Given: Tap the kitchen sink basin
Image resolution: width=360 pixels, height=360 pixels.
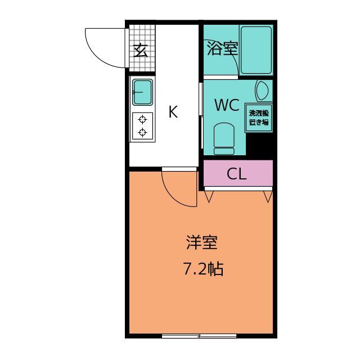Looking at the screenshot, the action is click(142, 92).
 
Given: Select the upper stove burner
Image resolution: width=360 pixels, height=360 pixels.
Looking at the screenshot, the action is click(142, 120).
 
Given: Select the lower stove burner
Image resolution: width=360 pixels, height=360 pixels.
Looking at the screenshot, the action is click(142, 133).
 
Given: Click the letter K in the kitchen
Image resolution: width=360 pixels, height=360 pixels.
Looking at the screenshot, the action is click(173, 111).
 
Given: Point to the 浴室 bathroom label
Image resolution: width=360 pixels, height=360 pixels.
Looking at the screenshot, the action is click(222, 48).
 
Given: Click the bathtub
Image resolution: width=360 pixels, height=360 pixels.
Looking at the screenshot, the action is click(256, 50).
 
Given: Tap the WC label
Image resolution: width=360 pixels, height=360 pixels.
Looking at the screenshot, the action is click(227, 105).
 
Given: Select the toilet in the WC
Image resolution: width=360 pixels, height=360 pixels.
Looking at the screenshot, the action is click(224, 139).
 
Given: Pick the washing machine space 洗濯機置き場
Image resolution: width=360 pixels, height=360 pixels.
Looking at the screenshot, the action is click(259, 118).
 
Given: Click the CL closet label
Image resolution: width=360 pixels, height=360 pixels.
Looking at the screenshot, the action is click(236, 174).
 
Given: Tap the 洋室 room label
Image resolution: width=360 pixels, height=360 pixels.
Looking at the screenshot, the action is click(202, 242).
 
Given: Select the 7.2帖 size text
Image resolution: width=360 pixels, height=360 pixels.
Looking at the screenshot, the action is click(203, 269).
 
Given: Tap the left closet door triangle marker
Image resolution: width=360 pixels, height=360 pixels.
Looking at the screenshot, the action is click(209, 196).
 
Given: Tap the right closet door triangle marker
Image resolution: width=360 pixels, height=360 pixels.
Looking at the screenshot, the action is click(268, 196).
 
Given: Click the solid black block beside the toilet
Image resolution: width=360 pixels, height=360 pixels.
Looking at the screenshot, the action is click(259, 145).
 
